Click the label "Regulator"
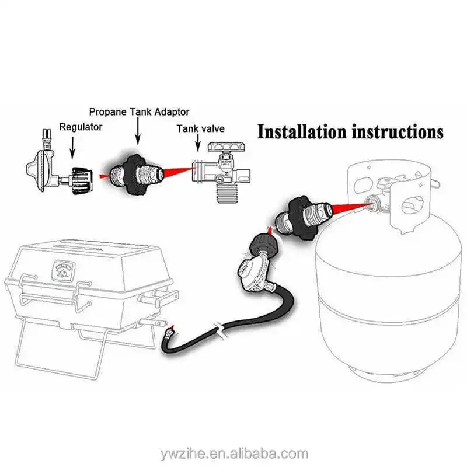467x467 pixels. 81,126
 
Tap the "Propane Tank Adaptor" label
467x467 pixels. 139,111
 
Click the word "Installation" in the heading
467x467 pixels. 303,131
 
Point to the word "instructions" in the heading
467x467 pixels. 397,131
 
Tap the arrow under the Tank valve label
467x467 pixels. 201,149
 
